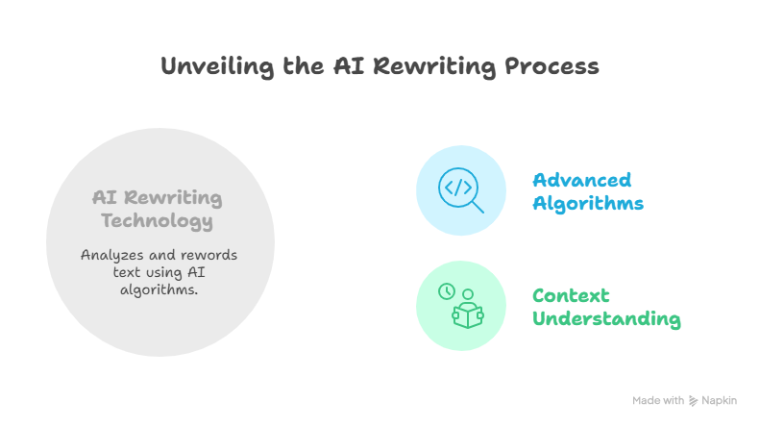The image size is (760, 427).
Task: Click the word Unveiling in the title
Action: pos(218,67)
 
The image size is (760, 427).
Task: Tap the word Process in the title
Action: pos(552,66)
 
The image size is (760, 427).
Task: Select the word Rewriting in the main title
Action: pos(434,67)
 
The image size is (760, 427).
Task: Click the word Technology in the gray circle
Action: pos(157,221)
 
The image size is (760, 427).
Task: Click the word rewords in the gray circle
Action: pos(208,255)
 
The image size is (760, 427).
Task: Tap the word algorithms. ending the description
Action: pos(159,289)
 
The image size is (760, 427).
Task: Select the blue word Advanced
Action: pos(581,180)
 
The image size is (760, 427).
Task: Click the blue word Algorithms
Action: pos(588,203)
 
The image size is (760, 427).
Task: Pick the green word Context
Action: pos(571,295)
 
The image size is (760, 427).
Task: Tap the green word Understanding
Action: pos(606,318)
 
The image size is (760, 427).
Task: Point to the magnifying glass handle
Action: pos(478,207)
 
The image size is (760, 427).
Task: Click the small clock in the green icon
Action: pos(447,291)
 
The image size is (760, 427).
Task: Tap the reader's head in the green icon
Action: pos(468,294)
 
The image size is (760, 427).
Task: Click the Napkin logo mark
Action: pos(693,401)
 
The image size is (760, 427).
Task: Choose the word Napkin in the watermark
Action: pos(720,400)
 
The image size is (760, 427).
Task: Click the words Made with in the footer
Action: pos(658,400)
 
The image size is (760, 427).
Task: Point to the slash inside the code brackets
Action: pos(458,188)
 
